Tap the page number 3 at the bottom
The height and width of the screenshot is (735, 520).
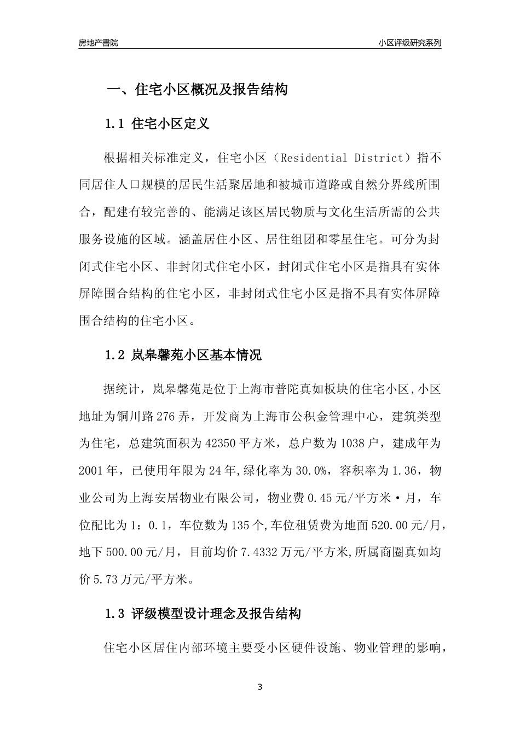[x=260, y=687]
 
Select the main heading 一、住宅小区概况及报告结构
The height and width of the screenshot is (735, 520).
[x=197, y=90]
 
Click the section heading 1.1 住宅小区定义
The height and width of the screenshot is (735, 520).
[x=157, y=124]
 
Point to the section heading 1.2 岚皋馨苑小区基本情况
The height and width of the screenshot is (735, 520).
[x=183, y=355]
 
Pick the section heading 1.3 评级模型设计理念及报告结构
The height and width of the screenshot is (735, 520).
[x=203, y=614]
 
